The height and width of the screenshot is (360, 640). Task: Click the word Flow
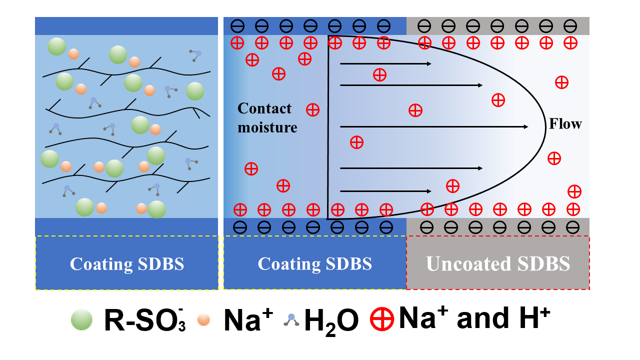point(565,123)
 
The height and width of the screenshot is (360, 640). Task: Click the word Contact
point(264,108)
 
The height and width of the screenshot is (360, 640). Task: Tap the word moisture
point(267,127)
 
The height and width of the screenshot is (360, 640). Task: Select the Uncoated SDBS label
point(498,263)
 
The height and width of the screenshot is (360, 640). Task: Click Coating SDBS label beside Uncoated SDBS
point(314,263)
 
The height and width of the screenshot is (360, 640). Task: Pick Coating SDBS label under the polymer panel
point(126,263)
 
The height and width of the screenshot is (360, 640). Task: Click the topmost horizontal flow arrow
point(385,64)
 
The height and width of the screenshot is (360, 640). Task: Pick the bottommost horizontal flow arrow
point(385,191)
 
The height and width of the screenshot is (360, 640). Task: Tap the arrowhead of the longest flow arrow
point(525,127)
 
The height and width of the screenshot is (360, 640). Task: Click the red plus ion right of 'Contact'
point(312,109)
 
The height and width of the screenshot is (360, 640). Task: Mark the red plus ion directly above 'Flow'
point(562,82)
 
